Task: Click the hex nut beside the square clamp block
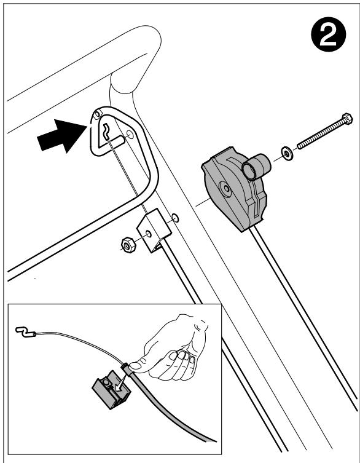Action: point(128,245)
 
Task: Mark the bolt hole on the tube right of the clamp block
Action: point(175,218)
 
